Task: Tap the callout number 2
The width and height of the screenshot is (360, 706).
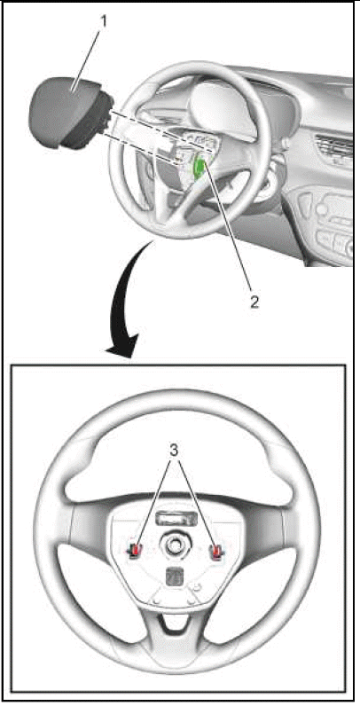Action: tap(255, 302)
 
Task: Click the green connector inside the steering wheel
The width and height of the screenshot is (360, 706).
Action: tap(199, 169)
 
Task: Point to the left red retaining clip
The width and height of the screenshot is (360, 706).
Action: tap(136, 550)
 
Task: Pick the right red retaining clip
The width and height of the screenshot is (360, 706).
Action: tap(217, 550)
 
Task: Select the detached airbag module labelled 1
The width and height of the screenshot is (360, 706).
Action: tap(71, 112)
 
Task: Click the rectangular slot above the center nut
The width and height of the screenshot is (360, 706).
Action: tap(176, 519)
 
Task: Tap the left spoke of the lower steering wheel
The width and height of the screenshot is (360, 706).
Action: tap(90, 527)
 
